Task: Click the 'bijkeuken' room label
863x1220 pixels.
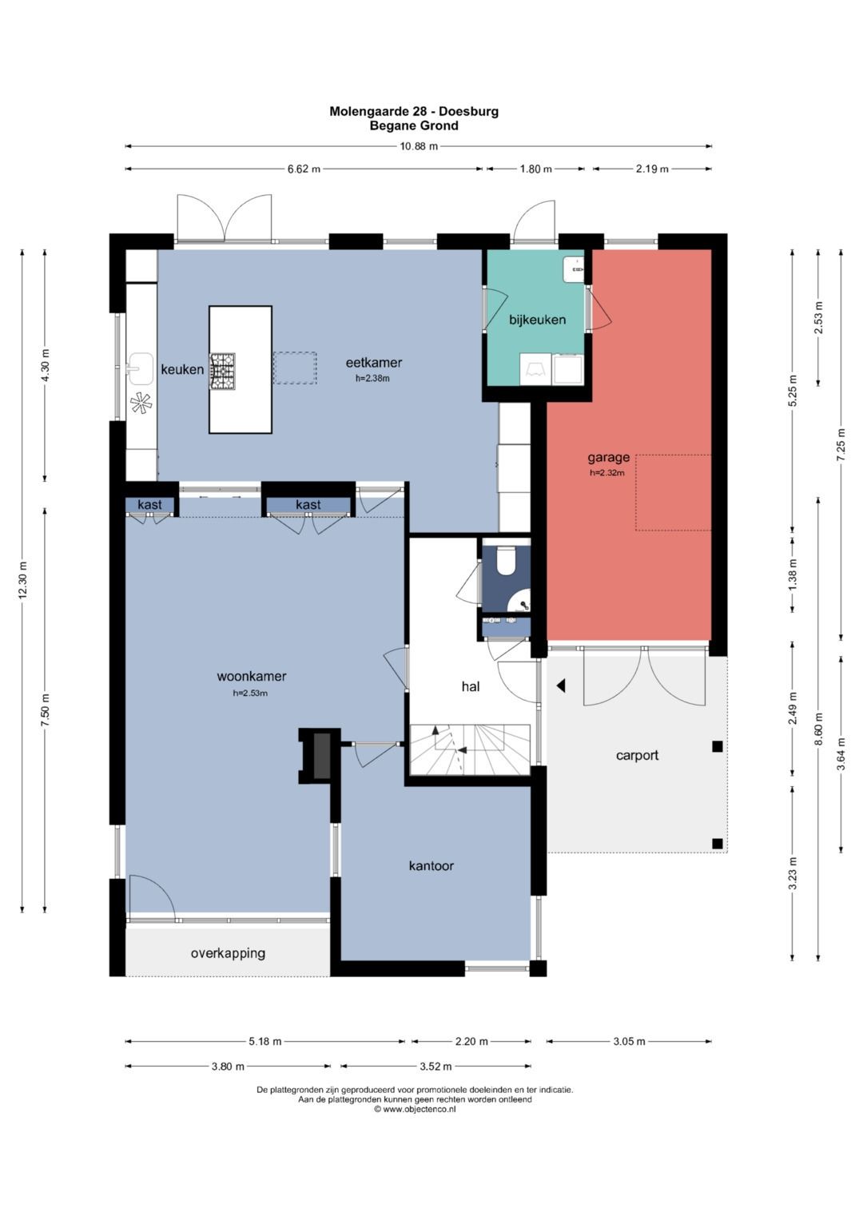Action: click(537, 320)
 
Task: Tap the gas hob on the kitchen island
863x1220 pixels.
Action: click(223, 372)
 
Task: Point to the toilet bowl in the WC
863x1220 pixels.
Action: click(506, 560)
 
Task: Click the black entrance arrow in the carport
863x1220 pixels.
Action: click(561, 686)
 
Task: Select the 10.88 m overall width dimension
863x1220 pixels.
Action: click(419, 146)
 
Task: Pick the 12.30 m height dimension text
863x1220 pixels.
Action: click(22, 580)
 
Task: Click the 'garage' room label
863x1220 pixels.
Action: click(608, 458)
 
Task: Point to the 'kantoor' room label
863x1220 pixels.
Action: click(431, 866)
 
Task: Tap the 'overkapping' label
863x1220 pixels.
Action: click(228, 953)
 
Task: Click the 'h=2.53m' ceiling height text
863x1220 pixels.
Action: click(250, 693)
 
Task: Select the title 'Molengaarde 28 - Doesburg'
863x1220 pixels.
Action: click(414, 112)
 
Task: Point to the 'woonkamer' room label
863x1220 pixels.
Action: click(251, 677)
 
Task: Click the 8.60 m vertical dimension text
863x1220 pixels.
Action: click(818, 729)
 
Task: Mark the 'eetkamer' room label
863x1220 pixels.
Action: click(374, 363)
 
